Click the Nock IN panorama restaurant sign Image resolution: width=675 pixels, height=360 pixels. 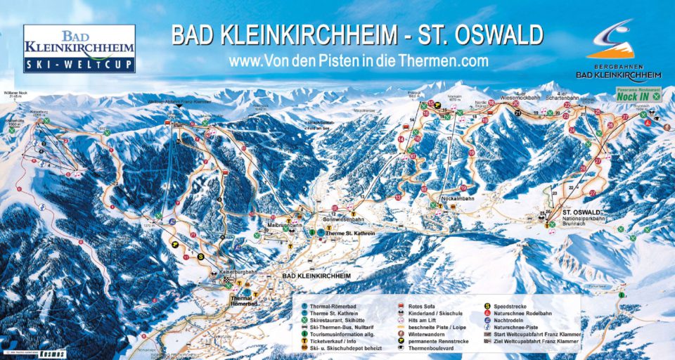point(638,94)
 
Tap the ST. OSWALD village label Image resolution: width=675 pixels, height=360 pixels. point(581,212)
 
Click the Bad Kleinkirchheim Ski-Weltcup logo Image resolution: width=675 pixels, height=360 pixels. point(79,49)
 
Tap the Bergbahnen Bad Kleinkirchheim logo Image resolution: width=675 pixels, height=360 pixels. point(618,53)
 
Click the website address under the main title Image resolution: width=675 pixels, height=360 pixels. point(359,62)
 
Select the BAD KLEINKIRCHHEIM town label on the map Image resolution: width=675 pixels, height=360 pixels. point(316,276)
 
